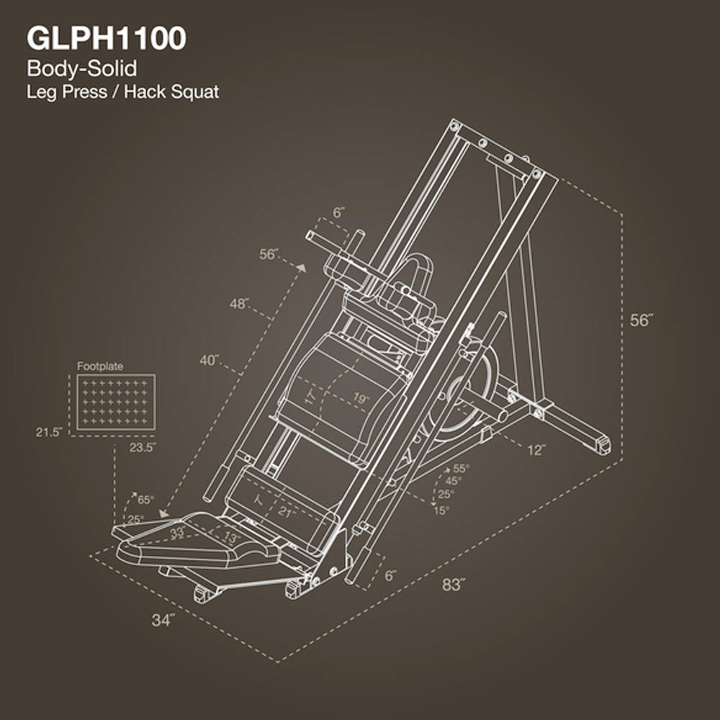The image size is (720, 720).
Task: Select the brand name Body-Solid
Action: click(x=81, y=69)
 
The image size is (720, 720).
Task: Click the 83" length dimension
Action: click(x=451, y=585)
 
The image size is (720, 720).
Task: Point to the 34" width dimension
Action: click(x=163, y=620)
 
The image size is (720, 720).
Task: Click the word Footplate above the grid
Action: click(x=99, y=366)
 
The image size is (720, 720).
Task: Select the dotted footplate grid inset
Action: click(x=115, y=402)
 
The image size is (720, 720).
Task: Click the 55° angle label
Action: click(x=460, y=468)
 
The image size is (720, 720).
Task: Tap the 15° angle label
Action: click(x=441, y=510)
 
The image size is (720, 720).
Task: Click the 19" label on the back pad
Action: click(x=361, y=398)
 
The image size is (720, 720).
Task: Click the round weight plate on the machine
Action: click(x=469, y=392)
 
